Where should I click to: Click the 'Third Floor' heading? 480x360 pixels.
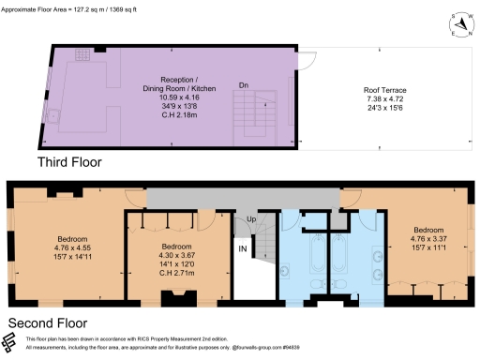tap(68, 161)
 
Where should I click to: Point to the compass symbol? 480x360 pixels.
tap(458, 24)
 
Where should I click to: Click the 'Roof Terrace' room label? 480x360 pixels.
tap(384, 90)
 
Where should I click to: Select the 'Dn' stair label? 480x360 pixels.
tap(243, 85)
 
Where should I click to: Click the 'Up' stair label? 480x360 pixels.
tap(250, 220)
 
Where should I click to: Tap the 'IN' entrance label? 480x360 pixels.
tap(242, 249)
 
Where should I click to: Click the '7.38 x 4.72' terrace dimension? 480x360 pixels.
tap(384, 97)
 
